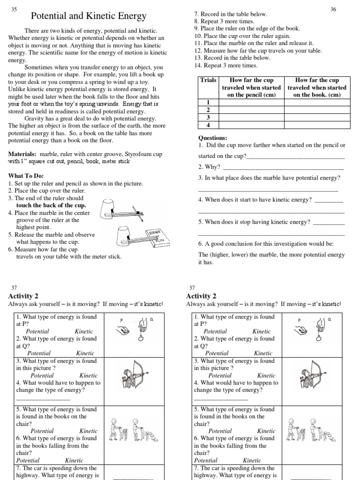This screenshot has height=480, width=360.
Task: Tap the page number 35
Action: click(14, 9)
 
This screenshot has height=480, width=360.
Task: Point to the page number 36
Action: click(333, 9)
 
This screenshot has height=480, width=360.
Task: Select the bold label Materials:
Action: click(22, 154)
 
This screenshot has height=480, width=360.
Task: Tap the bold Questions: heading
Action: click(213, 138)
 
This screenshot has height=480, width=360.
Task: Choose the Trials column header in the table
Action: click(208, 80)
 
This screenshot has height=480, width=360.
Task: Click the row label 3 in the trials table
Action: click(208, 117)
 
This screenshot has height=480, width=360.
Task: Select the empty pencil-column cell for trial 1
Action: click(251, 102)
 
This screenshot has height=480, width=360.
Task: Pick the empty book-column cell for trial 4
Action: click(317, 125)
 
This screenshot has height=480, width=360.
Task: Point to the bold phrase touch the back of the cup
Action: click(51, 205)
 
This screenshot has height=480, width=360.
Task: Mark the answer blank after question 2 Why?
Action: click(283, 166)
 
